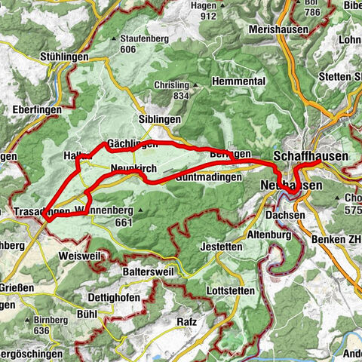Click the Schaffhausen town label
pyautogui.click(x=311, y=155)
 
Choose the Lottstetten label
pyautogui.click(x=229, y=289)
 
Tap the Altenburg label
pyautogui.click(x=269, y=235)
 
